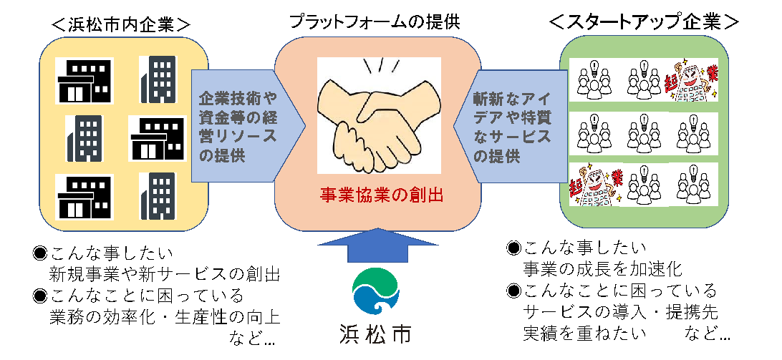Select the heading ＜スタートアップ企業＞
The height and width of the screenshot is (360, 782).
tap(643, 22)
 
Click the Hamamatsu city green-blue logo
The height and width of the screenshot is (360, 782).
tap(375, 290)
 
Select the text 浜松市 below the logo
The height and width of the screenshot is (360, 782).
tap(375, 333)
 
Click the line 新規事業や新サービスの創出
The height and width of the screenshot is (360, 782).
tap(164, 274)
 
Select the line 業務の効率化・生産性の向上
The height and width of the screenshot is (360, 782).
tap(164, 316)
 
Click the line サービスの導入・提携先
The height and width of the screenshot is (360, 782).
tap(620, 312)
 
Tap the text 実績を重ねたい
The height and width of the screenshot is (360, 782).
tap(585, 333)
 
